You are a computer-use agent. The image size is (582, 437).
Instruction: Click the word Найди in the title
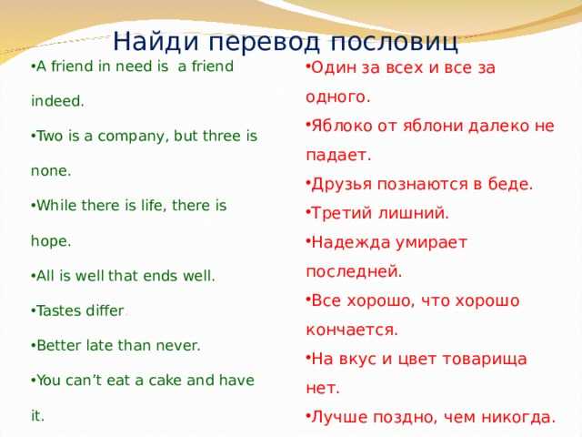156,41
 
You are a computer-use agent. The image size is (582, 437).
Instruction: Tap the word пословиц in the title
394,42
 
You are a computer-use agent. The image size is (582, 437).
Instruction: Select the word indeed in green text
57,101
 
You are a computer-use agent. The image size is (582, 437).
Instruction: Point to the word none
51,171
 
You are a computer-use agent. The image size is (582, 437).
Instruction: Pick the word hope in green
51,241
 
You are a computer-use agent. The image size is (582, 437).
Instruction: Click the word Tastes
61,310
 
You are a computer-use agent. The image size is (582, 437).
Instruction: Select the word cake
165,381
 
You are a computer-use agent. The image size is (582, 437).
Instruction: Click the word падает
338,156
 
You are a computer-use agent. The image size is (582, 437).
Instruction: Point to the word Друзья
342,184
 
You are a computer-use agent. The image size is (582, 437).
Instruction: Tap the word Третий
342,213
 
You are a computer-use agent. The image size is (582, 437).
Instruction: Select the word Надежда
350,243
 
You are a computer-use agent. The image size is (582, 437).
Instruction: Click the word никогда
524,418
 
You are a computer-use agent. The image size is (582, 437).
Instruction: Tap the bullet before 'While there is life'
34,207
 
